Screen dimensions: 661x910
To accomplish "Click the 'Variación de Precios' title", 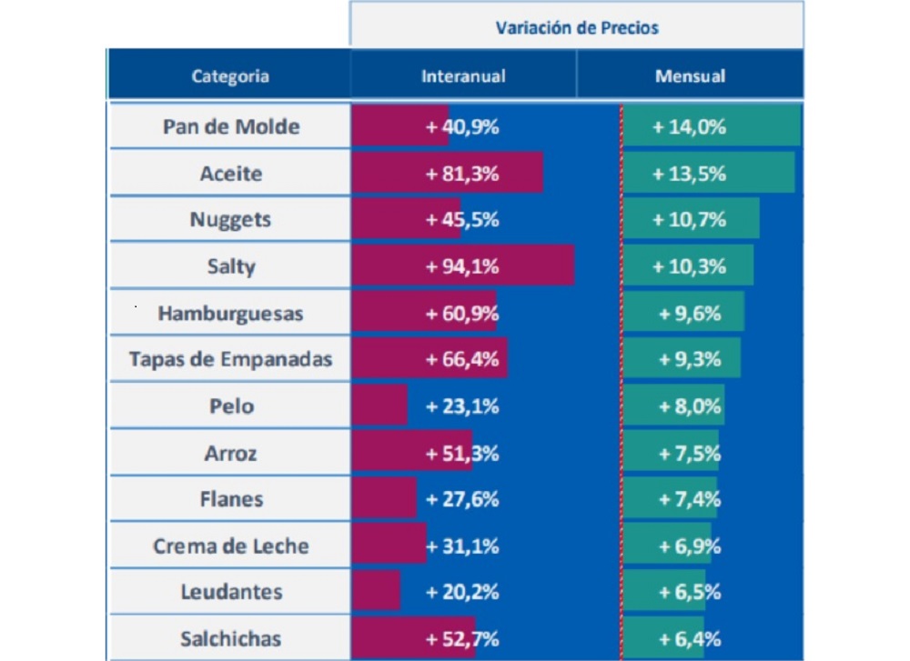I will tap(577, 27).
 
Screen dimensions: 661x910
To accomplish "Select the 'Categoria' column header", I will tap(230, 76).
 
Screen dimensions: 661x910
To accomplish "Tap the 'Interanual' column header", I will tap(463, 76).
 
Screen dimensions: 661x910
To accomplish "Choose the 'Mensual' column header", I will tap(690, 76).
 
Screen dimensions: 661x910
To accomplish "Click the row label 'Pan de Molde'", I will tap(231, 126).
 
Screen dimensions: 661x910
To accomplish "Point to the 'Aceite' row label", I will tap(231, 174).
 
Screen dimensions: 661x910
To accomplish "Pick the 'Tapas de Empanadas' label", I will tap(231, 359).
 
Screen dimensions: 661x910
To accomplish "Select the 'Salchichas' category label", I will tap(231, 638).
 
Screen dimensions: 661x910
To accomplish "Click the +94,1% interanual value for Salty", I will tap(462, 266).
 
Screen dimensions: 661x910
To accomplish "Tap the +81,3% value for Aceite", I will tap(462, 174).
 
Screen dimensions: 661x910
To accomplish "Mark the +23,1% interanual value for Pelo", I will tap(462, 406).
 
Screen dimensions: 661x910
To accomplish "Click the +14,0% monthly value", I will tap(689, 126).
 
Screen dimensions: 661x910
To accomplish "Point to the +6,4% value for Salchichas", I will tap(689, 638).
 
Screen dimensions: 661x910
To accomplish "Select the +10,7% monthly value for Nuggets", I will tap(689, 220).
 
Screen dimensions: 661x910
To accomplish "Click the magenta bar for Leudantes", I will tap(376, 592).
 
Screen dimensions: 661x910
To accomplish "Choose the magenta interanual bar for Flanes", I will tap(383, 499).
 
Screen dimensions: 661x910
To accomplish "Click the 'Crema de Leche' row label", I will tap(231, 546).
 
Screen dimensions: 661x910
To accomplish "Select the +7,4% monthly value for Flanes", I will tap(689, 499).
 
